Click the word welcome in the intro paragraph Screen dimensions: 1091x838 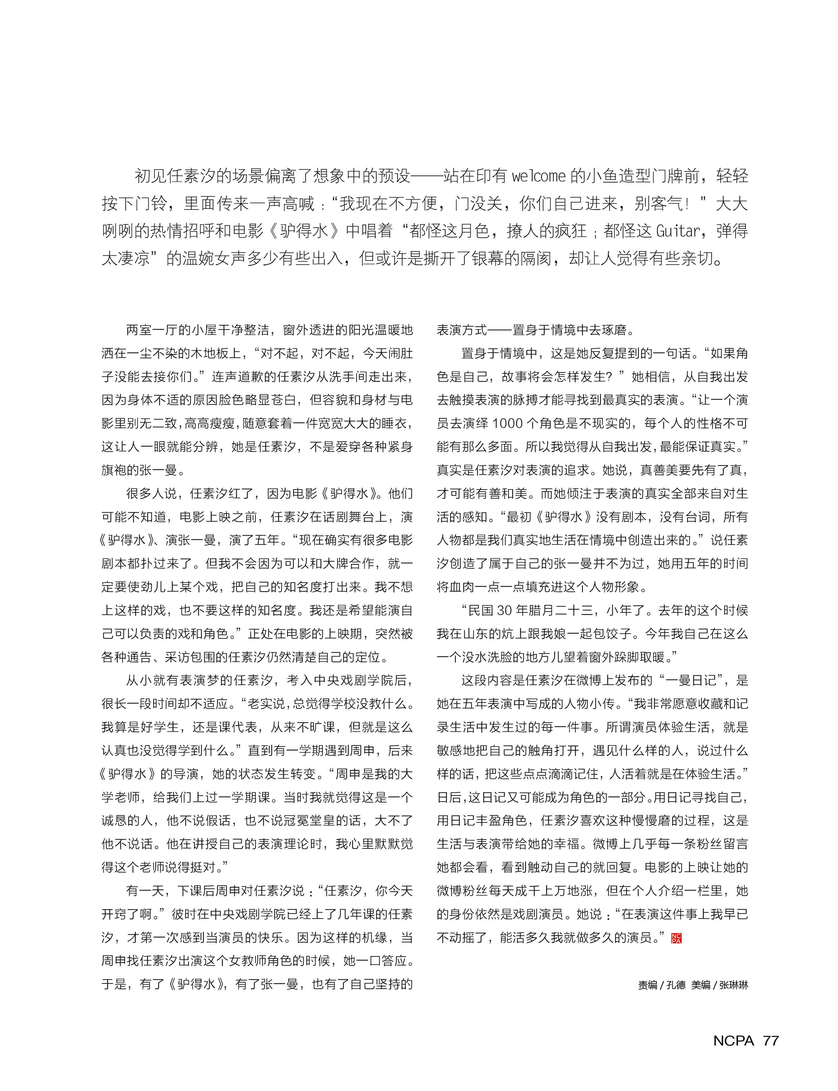point(539,176)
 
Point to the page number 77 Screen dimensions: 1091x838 point(771,1040)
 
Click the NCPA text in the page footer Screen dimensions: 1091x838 point(733,1040)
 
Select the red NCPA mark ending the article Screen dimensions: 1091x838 point(676,938)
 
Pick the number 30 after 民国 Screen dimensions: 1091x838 point(505,610)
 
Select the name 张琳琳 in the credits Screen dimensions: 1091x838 point(733,985)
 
